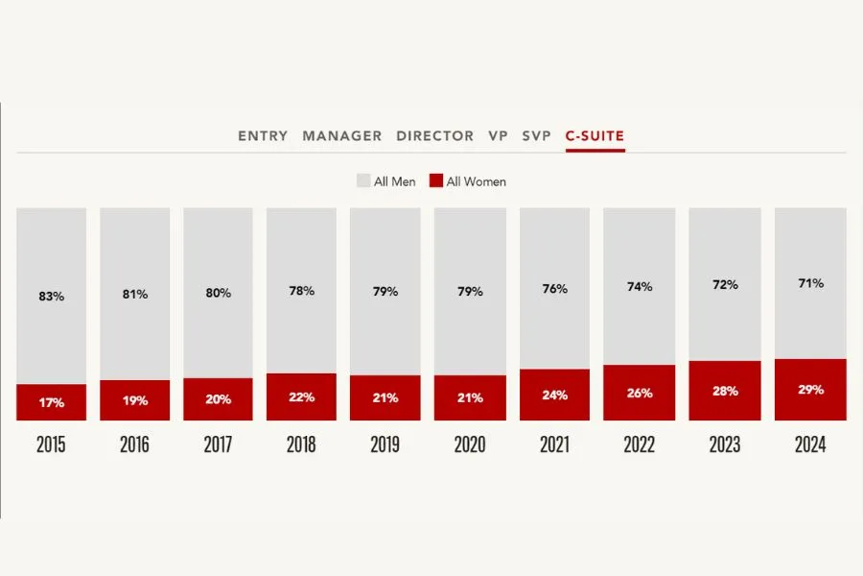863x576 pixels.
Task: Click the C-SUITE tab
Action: pyautogui.click(x=595, y=136)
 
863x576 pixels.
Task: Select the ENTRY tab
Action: pyautogui.click(x=263, y=136)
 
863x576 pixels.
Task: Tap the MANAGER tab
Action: pyautogui.click(x=342, y=136)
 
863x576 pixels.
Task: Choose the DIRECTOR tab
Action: pyautogui.click(x=434, y=136)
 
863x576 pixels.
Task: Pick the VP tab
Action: pyautogui.click(x=498, y=136)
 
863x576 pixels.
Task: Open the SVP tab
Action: pyautogui.click(x=537, y=136)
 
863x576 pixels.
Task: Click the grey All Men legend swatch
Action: pyautogui.click(x=363, y=180)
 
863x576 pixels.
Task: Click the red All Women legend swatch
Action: pyautogui.click(x=436, y=180)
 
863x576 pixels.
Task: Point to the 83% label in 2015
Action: pyautogui.click(x=52, y=297)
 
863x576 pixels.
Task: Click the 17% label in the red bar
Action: pyautogui.click(x=52, y=403)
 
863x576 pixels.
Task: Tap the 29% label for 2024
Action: pyautogui.click(x=810, y=390)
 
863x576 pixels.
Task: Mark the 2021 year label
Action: pyautogui.click(x=554, y=445)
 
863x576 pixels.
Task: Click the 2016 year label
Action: pyautogui.click(x=135, y=445)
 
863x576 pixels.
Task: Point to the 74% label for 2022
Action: pyautogui.click(x=640, y=286)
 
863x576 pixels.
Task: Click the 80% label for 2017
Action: pyautogui.click(x=219, y=293)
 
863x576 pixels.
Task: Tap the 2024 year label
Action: pyautogui.click(x=810, y=445)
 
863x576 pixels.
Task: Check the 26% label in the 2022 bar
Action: pyautogui.click(x=640, y=393)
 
